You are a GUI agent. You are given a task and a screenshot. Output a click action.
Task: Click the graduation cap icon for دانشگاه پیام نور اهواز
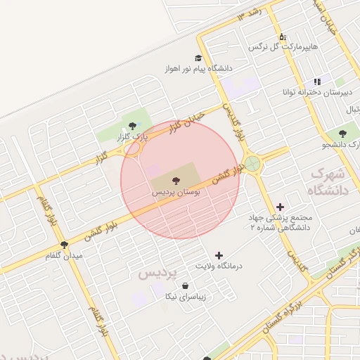(198, 58)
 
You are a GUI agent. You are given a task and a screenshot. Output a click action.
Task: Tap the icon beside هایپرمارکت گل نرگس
(283, 37)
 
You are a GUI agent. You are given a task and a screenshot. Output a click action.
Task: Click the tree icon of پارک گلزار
(134, 125)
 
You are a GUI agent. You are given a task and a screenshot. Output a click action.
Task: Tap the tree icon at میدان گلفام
(64, 245)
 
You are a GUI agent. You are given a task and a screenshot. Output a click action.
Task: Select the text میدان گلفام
(64, 256)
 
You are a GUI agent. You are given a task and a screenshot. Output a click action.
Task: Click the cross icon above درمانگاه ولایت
(219, 255)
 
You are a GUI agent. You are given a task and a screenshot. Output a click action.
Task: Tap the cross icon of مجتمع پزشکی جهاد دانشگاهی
(281, 207)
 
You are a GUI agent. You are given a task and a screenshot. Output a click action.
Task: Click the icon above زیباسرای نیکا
(185, 286)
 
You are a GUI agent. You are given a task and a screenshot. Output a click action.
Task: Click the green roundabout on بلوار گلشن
(253, 164)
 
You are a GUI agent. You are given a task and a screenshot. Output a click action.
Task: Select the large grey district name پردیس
(159, 271)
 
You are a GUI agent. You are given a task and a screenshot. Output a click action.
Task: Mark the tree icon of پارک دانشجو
(342, 134)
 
